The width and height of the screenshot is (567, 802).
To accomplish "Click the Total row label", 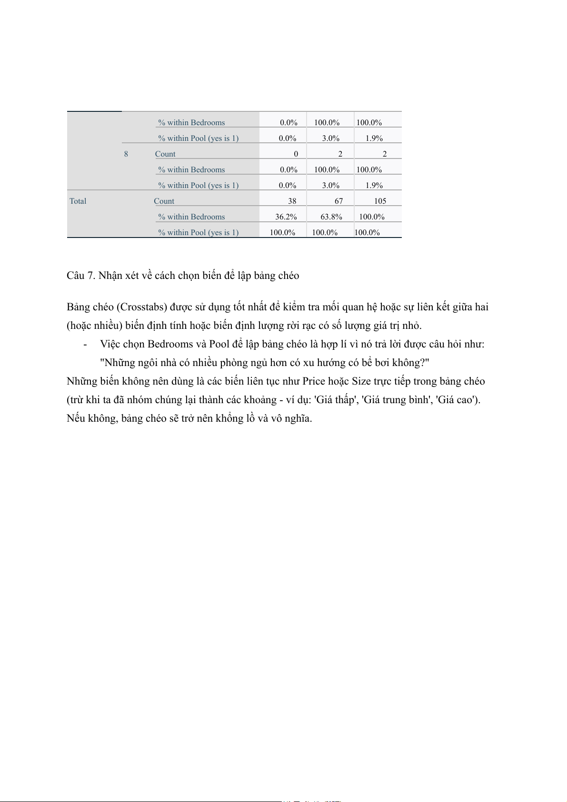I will (78, 201).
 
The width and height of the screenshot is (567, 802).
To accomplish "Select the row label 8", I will (126, 154).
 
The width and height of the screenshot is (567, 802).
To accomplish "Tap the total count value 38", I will (292, 201).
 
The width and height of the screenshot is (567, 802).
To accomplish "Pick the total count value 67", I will (338, 201).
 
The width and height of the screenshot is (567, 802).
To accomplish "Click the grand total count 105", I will (380, 201).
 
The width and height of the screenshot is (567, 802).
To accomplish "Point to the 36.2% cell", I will (286, 217).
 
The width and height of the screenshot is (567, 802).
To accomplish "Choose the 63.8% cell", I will (331, 217).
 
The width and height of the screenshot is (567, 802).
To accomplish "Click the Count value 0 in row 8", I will (296, 154).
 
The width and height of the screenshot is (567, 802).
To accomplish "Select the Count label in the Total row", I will (164, 201).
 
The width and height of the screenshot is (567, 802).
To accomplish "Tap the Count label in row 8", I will (165, 154).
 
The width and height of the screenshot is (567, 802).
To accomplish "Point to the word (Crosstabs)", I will (141, 307).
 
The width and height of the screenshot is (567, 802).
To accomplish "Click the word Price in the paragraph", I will (314, 381).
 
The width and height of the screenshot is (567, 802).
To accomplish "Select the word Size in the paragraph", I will (361, 381).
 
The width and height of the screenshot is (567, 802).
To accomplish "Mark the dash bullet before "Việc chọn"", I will (85, 345).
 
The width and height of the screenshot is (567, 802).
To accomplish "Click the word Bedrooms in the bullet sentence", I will (170, 344).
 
